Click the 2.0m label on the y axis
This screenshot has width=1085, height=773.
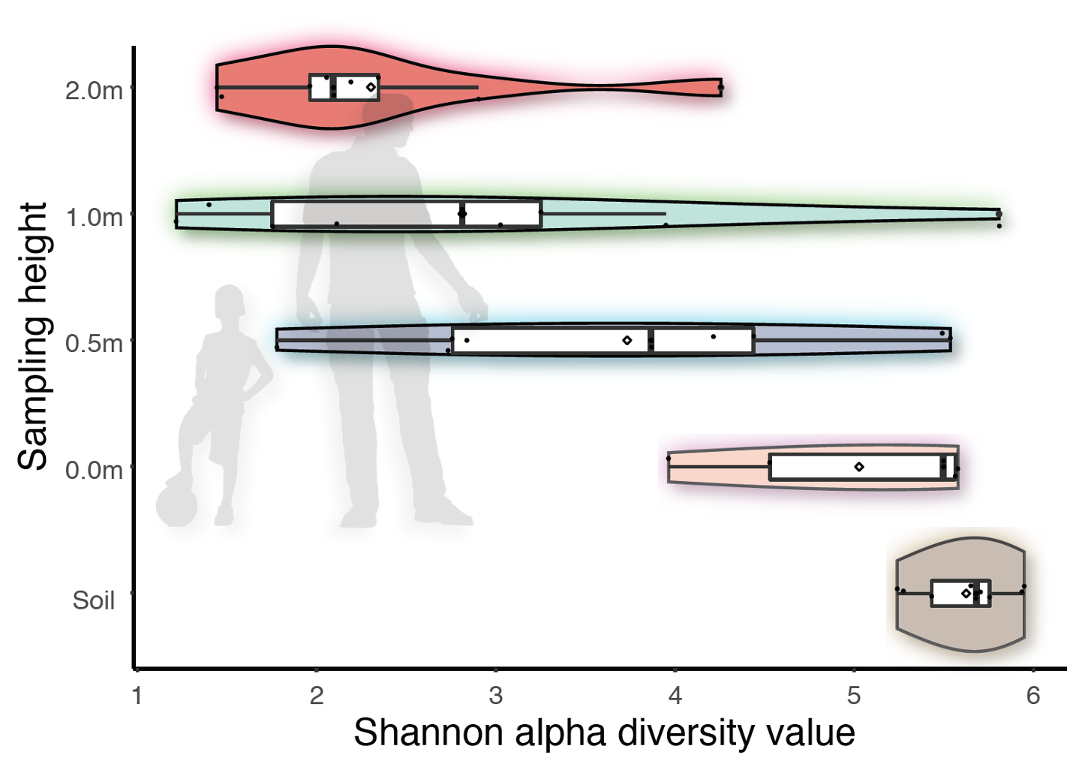click(94, 90)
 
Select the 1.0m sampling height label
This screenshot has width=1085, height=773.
click(94, 217)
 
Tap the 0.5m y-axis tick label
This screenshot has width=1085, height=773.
click(94, 343)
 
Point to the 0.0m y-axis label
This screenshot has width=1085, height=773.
click(94, 470)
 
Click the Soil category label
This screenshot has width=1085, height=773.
click(94, 600)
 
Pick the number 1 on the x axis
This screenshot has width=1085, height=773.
click(137, 696)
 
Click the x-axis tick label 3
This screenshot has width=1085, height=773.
click(495, 696)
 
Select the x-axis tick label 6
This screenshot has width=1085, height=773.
click(1033, 696)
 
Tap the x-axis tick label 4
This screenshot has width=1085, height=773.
click(675, 696)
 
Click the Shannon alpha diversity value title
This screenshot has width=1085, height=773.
click(604, 732)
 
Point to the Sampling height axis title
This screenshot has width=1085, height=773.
click(33, 336)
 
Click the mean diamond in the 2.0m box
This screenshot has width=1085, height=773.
click(371, 88)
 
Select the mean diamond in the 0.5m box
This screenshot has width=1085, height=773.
click(627, 341)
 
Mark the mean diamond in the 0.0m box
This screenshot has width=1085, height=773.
click(859, 467)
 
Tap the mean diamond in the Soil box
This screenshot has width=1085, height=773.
click(966, 594)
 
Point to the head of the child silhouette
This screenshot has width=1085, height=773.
click(229, 304)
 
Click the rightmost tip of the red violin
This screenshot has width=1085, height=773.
click(720, 88)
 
